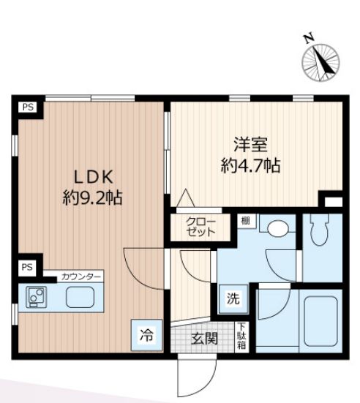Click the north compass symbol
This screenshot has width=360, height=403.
click(x=320, y=63)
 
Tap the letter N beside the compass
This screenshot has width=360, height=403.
click(x=308, y=38)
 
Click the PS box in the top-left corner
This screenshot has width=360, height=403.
click(x=28, y=107)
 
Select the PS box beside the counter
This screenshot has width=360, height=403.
click(x=27, y=267)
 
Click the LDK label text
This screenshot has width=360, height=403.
click(x=94, y=177)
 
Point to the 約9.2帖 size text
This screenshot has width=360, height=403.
click(x=93, y=197)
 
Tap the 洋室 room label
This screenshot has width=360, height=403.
click(x=250, y=145)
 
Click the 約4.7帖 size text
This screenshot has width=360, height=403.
click(x=251, y=165)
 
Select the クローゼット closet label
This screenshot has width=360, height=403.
click(x=200, y=227)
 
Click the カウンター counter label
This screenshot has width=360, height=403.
click(x=80, y=277)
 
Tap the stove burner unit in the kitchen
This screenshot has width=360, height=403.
click(x=37, y=297)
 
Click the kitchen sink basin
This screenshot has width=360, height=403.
click(x=80, y=297)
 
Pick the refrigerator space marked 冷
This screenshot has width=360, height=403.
click(x=146, y=335)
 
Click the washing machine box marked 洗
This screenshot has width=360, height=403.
click(x=233, y=298)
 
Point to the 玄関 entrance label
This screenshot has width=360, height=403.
click(x=204, y=338)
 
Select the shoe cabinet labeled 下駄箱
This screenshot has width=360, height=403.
click(x=241, y=336)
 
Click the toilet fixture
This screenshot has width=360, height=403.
click(x=320, y=230)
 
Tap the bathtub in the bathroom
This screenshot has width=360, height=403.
click(x=320, y=321)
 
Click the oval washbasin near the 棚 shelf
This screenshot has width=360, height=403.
click(x=277, y=228)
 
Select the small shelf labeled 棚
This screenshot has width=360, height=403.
click(x=246, y=221)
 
